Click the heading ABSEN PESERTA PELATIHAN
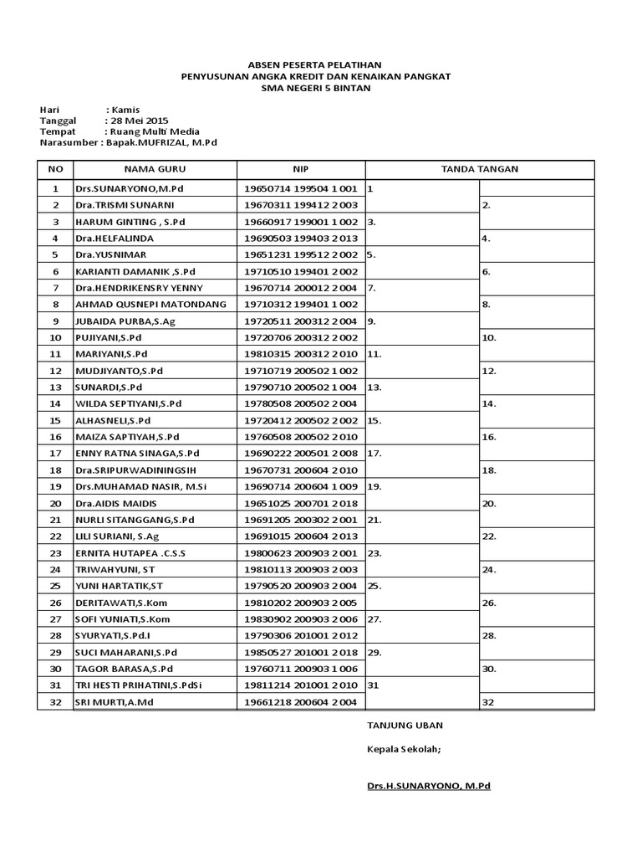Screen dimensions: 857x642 (x=316, y=64)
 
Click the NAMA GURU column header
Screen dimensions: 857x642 (x=155, y=169)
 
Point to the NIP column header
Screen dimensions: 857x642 (x=301, y=169)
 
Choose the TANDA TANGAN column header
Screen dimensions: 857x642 (x=479, y=169)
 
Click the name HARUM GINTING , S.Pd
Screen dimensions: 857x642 (x=130, y=222)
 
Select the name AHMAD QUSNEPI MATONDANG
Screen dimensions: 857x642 (x=151, y=305)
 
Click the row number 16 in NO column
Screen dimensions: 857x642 (x=56, y=437)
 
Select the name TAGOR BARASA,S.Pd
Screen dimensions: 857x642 (x=125, y=669)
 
